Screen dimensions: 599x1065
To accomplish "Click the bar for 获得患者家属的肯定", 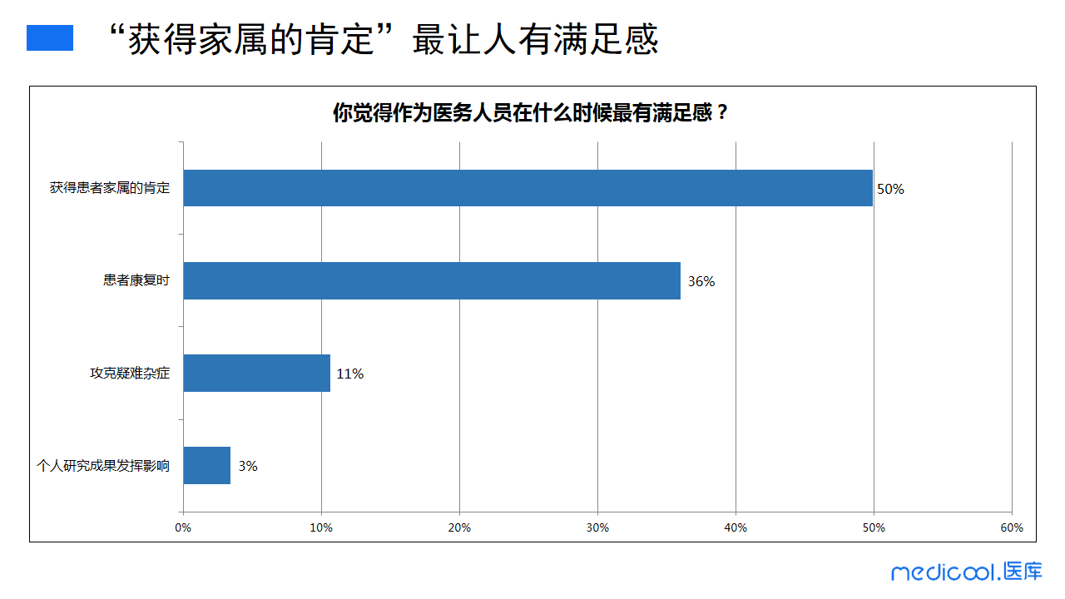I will pos(528,188).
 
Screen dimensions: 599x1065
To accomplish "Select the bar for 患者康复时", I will pos(432,281).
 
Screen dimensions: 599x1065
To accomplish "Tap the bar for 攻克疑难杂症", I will pos(256,374).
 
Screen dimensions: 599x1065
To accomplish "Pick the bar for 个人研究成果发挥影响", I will pos(206,466).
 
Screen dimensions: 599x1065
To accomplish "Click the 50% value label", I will pos(890,189).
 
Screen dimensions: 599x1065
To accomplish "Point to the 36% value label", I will pos(701,281).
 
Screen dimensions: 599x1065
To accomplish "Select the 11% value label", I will pos(350,374).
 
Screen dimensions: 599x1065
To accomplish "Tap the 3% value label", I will pos(248,466).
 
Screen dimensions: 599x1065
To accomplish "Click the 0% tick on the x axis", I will pos(183,527).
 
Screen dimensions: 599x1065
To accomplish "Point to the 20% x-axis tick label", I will pos(459,527).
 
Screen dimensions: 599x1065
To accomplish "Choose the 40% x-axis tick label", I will pos(736,527).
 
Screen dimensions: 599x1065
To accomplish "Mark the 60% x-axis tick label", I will pos(1012,527).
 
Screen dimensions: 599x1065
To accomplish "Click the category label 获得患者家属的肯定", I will pos(110,188).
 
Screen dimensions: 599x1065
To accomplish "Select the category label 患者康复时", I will pos(136,281).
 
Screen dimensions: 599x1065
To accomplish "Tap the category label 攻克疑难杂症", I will pos(130,374).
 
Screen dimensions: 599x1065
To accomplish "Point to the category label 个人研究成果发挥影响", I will pos(103,466).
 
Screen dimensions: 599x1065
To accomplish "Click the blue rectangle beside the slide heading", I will pos(50,38).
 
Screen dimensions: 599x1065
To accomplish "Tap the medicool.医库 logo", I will pos(966,572).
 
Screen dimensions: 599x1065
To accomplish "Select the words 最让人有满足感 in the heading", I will pos(535,39).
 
